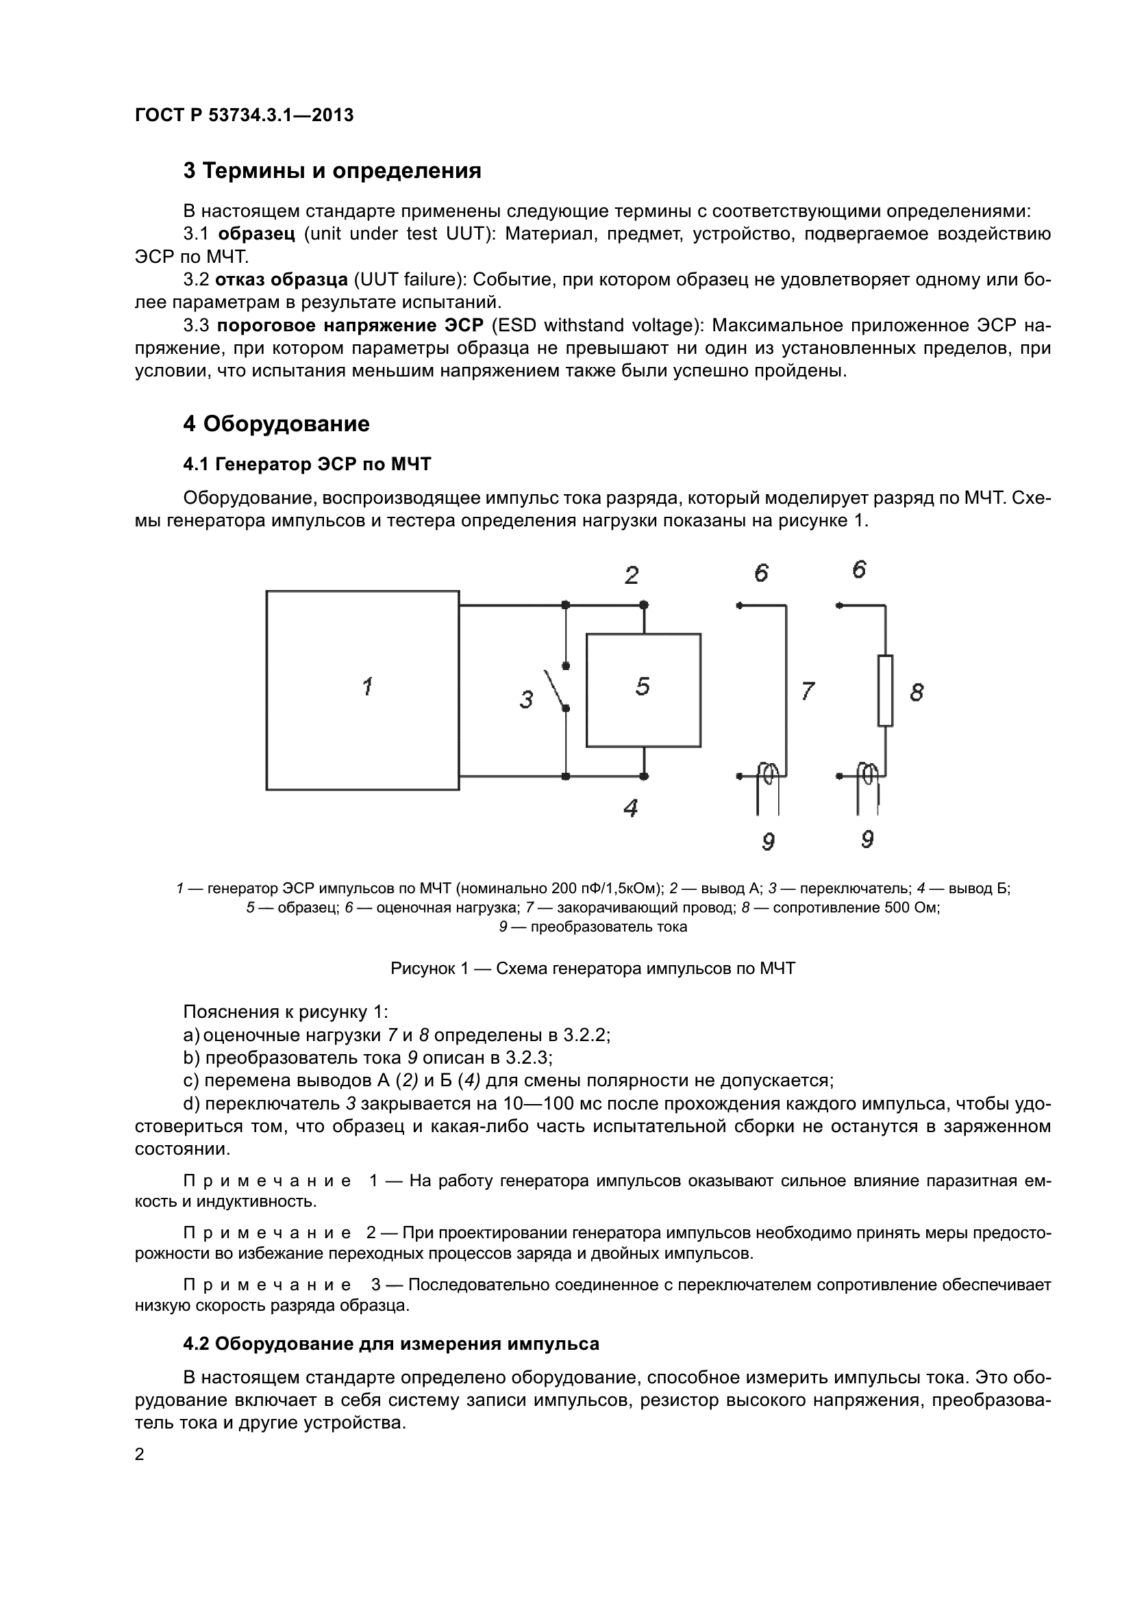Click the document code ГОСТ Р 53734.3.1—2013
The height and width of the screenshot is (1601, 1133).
pyautogui.click(x=244, y=115)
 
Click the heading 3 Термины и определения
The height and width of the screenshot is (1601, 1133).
pyautogui.click(x=332, y=171)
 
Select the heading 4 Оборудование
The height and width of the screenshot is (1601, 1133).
pyautogui.click(x=276, y=424)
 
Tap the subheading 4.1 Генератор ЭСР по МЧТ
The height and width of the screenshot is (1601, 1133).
pyautogui.click(x=307, y=463)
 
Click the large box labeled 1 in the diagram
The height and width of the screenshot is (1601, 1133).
pyautogui.click(x=363, y=691)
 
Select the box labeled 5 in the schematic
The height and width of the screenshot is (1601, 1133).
pyautogui.click(x=643, y=691)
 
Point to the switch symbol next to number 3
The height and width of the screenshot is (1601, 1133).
pyautogui.click(x=557, y=687)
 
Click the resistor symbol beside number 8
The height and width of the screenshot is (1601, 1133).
pyautogui.click(x=884, y=691)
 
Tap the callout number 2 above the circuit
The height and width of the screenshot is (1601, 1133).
pyautogui.click(x=632, y=576)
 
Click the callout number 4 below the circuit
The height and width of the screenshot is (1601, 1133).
pyautogui.click(x=630, y=808)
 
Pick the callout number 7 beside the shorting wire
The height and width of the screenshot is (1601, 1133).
pyautogui.click(x=807, y=691)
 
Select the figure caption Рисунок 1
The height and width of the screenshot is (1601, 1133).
pyautogui.click(x=593, y=969)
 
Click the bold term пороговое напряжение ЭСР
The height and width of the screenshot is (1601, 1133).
pyautogui.click(x=349, y=326)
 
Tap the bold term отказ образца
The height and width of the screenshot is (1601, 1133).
pyautogui.click(x=281, y=280)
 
